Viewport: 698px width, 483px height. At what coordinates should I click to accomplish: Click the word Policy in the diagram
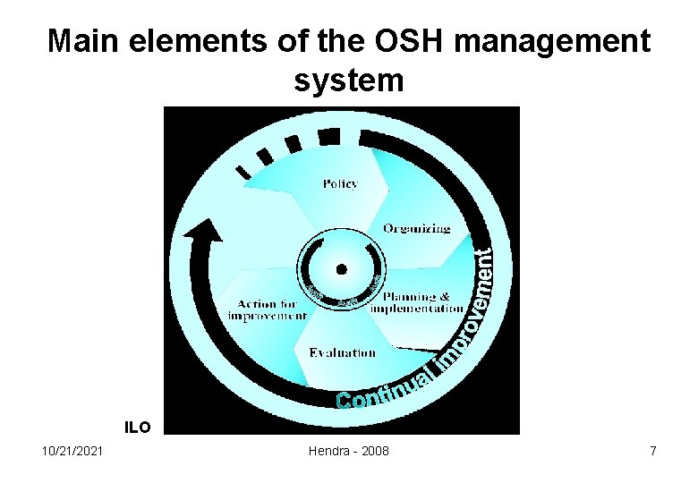pos(339,183)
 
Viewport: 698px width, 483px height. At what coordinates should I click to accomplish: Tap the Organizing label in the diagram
pos(416,228)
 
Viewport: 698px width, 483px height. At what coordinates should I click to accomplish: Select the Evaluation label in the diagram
pos(342,352)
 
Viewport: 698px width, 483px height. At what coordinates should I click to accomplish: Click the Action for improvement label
pos(267,309)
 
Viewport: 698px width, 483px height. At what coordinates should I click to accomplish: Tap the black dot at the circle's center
pos(341,268)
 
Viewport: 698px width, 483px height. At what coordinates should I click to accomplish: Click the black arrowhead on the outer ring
pos(202,235)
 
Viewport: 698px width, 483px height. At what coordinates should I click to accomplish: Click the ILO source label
pos(137,428)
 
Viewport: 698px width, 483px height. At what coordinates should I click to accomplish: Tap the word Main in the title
pos(80,41)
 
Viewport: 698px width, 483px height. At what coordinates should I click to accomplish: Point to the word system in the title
pos(349,80)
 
